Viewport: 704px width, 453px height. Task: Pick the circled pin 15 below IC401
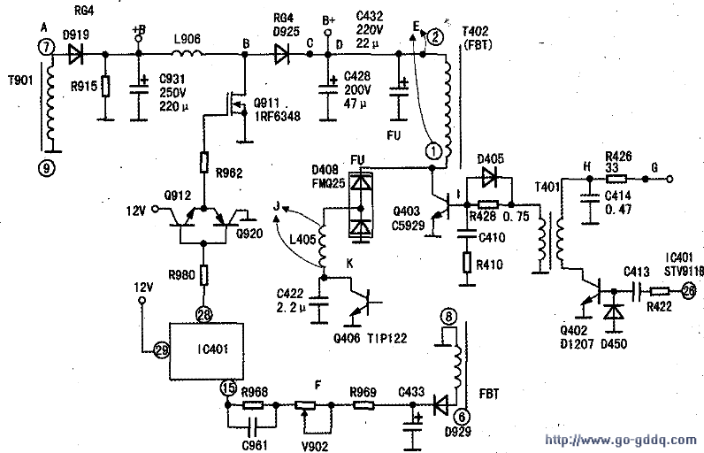(x=227, y=387)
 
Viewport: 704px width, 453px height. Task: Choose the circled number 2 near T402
(x=435, y=36)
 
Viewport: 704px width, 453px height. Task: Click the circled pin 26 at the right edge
(x=690, y=289)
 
